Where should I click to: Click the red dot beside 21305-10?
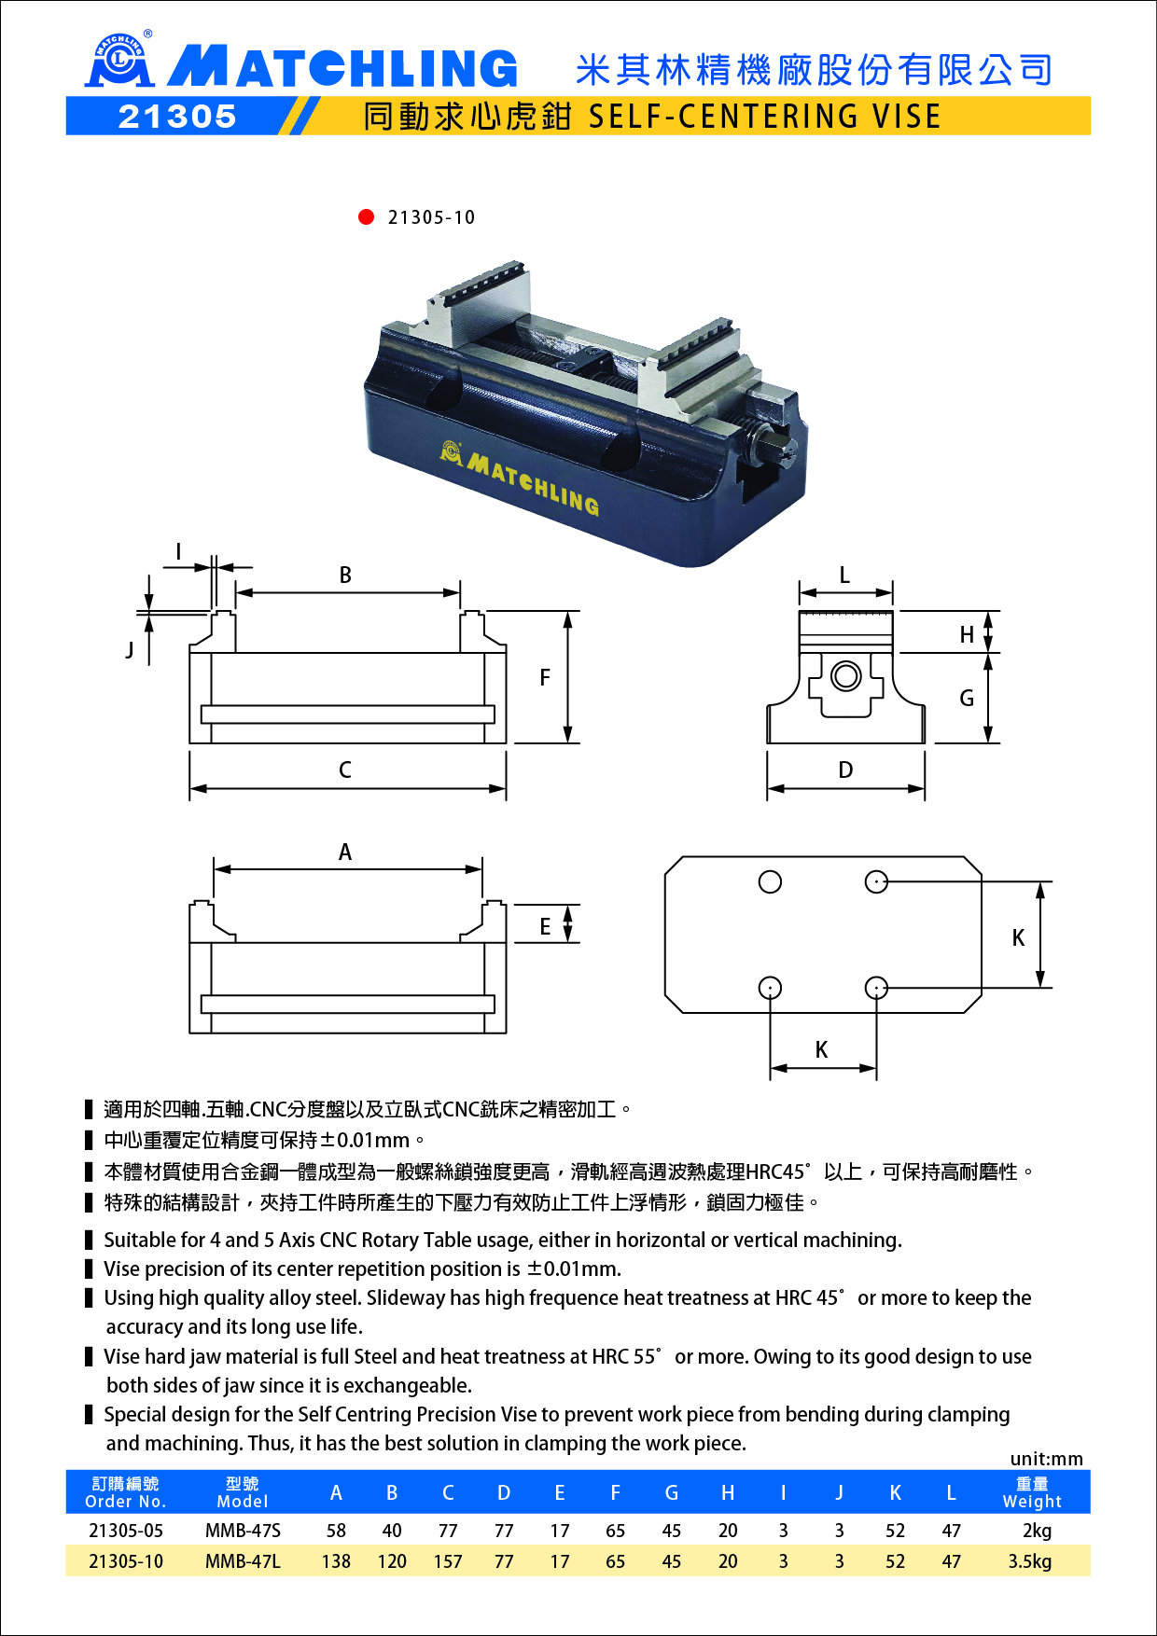pos(366,217)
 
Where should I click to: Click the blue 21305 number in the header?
pos(177,117)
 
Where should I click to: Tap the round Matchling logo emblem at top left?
pos(119,61)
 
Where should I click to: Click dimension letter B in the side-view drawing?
pos(345,575)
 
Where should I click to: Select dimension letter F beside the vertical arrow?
pos(545,678)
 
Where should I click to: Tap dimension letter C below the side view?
pos(345,770)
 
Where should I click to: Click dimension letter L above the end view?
pos(844,575)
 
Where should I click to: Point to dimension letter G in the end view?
pos(967,699)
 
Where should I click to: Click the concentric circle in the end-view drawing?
pos(846,675)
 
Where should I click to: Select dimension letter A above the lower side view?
pos(345,853)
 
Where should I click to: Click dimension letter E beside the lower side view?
pos(545,927)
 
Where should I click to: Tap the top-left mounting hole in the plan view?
pos(770,881)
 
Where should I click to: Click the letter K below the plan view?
pos(821,1050)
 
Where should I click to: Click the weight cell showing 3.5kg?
pos(1030,1561)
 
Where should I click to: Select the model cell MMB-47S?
pos(243,1531)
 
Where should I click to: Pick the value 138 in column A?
pos(336,1561)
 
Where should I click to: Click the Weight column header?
pos(1032,1492)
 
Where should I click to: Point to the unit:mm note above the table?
pos(1046,1459)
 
